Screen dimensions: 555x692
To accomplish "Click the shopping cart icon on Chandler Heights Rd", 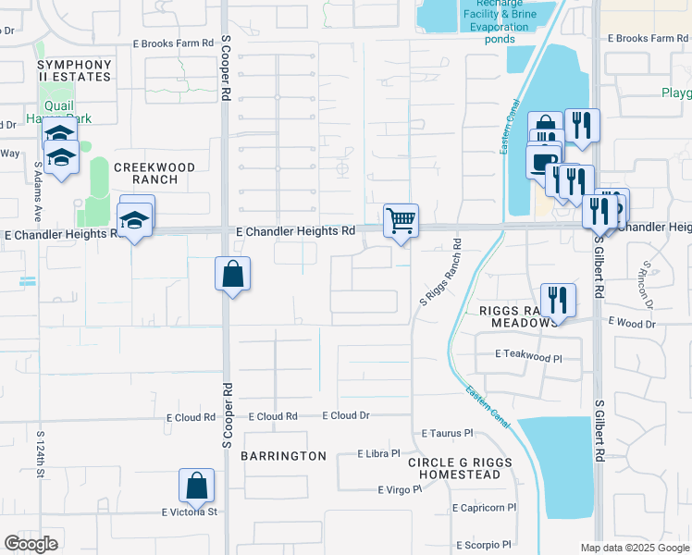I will (401, 221).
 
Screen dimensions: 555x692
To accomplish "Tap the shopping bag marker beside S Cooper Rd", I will (232, 274).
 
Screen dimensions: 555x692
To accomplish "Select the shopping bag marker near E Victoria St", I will (196, 486).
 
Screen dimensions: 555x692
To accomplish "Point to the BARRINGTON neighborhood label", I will (283, 456).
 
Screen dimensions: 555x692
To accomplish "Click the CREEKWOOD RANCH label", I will (154, 173).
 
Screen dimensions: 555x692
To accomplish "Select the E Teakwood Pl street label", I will (529, 355).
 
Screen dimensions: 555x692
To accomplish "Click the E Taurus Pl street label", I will (447, 433).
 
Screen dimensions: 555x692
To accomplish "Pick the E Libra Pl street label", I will (378, 454).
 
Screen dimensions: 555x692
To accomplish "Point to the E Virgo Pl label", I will (400, 489).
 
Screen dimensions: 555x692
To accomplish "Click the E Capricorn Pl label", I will (485, 508).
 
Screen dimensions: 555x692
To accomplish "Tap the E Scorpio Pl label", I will (483, 545).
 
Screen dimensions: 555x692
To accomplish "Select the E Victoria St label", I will (189, 512).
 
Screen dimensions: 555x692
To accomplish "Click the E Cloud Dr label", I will (346, 416).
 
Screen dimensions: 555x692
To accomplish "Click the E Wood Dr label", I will (632, 323).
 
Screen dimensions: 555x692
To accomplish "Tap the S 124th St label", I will (41, 454).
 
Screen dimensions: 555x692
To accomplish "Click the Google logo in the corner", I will (31, 544).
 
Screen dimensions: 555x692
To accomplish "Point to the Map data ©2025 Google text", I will (634, 548).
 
